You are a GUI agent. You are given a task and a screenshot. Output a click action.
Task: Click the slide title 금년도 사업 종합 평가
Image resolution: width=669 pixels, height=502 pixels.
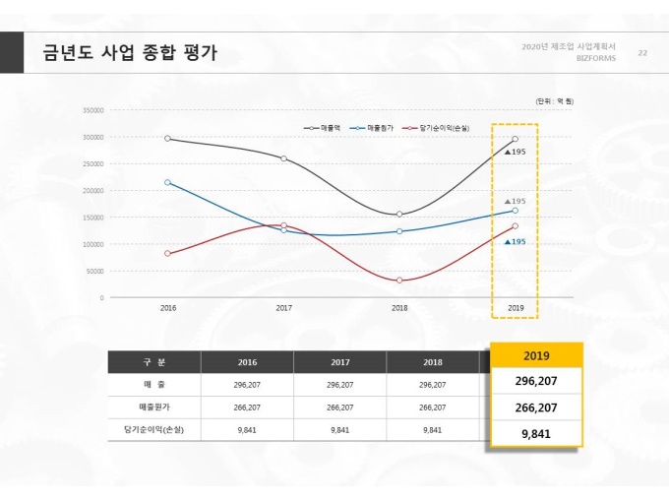pos(129,53)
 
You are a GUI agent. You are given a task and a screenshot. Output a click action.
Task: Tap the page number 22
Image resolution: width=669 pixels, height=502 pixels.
pos(643,52)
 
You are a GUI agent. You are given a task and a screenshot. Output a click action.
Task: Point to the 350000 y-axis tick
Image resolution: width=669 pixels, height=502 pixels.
pos(92,110)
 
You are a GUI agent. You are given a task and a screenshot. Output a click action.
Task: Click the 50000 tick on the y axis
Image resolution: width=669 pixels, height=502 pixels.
pos(94,271)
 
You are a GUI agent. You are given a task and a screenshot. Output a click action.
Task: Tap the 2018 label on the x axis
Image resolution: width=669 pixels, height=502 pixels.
pos(399,309)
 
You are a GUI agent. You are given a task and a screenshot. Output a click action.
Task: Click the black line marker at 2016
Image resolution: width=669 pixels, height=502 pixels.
pos(168,139)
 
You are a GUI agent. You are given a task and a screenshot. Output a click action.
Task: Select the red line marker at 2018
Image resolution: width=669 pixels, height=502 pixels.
pos(399,281)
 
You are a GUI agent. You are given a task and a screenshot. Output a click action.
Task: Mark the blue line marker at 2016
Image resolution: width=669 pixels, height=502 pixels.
pos(168,182)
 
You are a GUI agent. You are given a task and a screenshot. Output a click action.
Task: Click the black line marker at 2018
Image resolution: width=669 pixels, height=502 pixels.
pos(399,215)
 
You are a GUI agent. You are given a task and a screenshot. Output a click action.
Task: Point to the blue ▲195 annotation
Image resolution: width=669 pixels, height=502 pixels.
pos(515,241)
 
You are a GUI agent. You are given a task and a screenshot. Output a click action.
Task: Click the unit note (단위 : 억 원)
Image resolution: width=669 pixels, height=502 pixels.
pos(554,101)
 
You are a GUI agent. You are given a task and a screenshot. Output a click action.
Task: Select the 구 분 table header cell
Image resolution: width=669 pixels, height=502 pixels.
pos(153,362)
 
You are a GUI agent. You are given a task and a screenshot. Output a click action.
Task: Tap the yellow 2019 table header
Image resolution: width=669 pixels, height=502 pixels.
pos(537,355)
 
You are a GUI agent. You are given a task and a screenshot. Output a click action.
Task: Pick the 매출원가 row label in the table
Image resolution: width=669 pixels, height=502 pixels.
pos(153,407)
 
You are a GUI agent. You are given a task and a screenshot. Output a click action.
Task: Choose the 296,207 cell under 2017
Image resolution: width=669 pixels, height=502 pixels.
pos(339,385)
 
